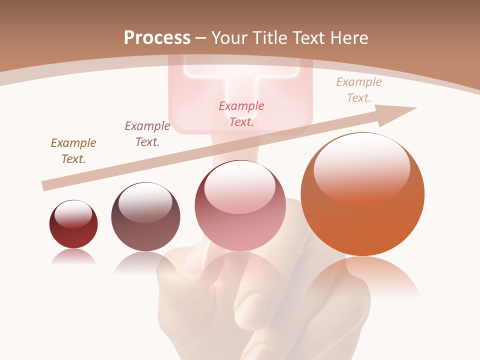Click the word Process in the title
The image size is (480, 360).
click(x=157, y=37)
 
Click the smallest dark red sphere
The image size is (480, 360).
click(x=73, y=224)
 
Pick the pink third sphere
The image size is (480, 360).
click(x=240, y=205)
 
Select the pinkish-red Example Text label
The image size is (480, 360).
click(x=241, y=113)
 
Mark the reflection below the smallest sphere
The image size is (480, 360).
click(x=73, y=257)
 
